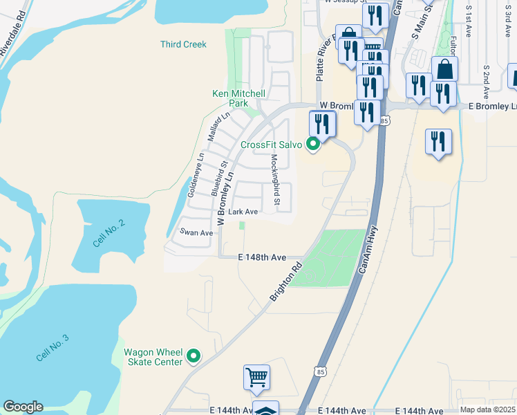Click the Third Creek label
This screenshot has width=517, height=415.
(183, 44)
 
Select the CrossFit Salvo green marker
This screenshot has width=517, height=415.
(313, 145)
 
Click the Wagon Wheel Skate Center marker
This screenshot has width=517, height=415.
(194, 357)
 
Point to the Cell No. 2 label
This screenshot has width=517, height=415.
(110, 234)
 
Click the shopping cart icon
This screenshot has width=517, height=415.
(256, 378)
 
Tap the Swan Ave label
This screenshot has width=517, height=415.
(197, 233)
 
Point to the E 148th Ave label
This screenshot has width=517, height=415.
(263, 257)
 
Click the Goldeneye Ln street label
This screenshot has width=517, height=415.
(196, 175)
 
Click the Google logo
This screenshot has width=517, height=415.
(23, 407)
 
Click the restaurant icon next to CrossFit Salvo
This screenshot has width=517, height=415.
(322, 123)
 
